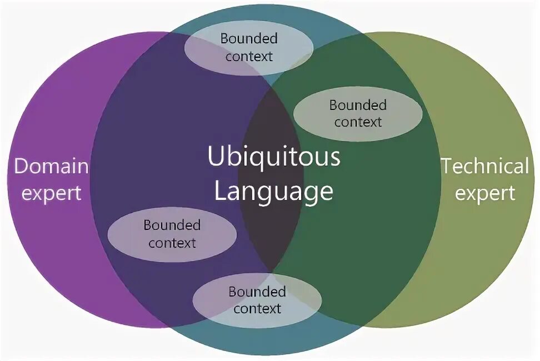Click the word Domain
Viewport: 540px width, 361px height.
[x=51, y=167]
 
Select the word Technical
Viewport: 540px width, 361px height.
[x=485, y=167]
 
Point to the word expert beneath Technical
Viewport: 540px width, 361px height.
[x=485, y=193]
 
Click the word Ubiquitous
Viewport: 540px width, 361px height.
[x=274, y=157]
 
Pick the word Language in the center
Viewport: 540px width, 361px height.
[x=274, y=192]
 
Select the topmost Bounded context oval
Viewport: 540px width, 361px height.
[x=248, y=48]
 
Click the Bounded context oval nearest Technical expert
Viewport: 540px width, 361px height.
[x=357, y=113]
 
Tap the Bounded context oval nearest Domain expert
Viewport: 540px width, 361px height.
[x=172, y=234]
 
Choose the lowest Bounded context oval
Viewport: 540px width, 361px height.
[x=257, y=300]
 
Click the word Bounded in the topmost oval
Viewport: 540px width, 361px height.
[x=249, y=39]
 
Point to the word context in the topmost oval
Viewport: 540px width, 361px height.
[x=249, y=56]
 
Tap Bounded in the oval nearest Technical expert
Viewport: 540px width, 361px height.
[x=357, y=105]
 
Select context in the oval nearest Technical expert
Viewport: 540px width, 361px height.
[x=358, y=122]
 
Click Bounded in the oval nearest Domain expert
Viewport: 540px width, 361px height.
[x=172, y=225]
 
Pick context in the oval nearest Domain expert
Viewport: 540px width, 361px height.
[x=172, y=243]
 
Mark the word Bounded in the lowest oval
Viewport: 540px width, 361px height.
[x=257, y=292]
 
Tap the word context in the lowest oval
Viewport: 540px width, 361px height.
[x=257, y=309]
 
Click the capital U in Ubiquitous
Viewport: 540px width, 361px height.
[x=216, y=157]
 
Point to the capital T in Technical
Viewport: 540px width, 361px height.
[x=447, y=166]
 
